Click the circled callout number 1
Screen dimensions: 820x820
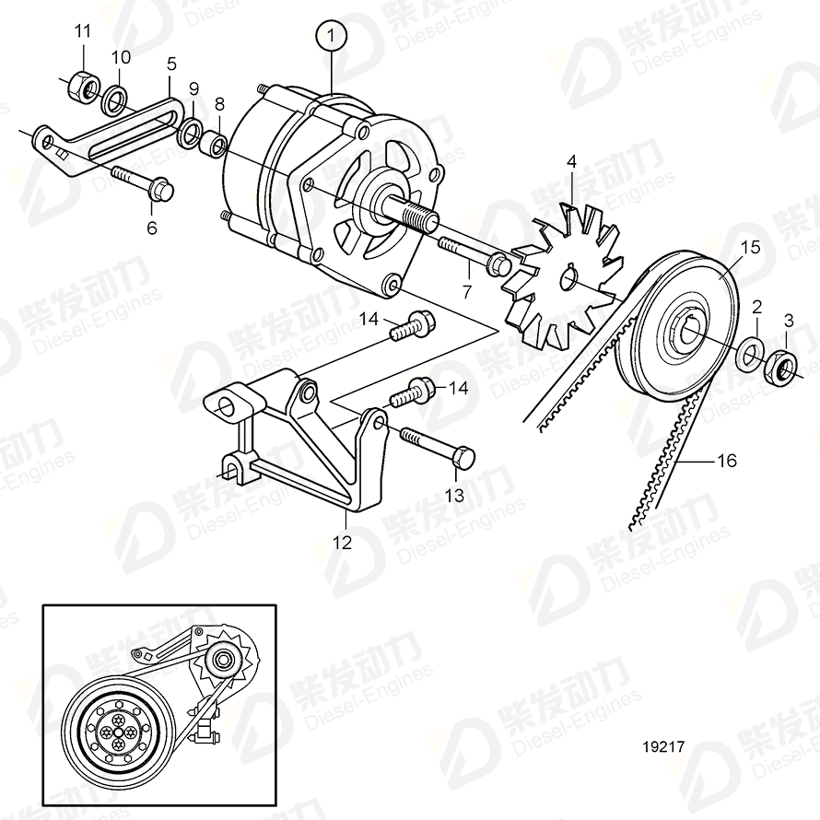coord(330,39)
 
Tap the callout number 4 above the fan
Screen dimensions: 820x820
coord(571,162)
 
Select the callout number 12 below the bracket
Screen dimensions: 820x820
coord(342,543)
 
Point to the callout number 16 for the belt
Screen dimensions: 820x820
coord(727,460)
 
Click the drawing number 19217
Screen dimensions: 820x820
coord(662,748)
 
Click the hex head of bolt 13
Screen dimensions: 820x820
coord(466,457)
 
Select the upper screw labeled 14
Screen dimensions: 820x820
coord(413,324)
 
